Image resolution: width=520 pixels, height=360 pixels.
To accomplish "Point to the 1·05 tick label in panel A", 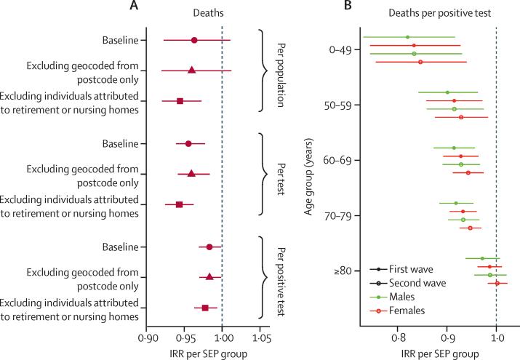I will point(260,337).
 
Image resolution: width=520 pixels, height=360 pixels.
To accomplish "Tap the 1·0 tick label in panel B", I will point(496,337).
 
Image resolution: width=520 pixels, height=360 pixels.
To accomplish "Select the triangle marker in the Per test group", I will point(191,174).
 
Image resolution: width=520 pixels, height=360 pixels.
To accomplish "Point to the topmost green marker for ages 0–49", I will point(407,36).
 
